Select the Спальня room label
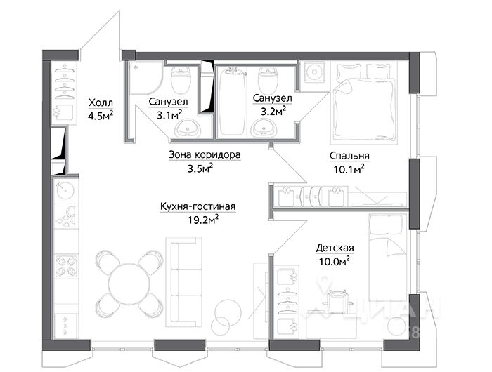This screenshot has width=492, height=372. pos(349,156)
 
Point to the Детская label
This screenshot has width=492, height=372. pos(335,248)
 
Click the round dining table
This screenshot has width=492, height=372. pos(129,284)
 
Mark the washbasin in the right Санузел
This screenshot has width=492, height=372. pos(266,126)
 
